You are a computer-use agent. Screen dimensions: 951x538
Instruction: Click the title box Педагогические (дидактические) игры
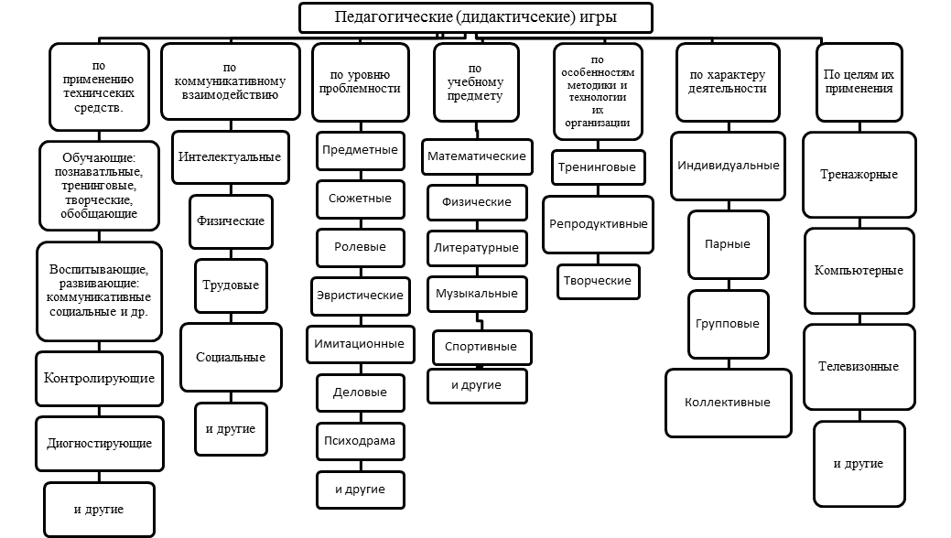476,17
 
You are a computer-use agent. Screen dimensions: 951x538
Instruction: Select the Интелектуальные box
231,157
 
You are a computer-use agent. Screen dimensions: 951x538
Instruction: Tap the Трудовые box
231,285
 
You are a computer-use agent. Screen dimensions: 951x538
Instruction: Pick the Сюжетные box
361,199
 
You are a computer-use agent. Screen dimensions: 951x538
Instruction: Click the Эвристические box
361,296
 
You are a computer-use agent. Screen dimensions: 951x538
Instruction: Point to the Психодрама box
361,442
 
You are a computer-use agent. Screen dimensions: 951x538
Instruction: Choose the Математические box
477,156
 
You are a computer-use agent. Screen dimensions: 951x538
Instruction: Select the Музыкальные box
477,295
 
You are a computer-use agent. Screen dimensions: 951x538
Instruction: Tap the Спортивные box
481,347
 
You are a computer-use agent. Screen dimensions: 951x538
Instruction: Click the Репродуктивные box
598,224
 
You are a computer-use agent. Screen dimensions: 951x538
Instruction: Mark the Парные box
729,244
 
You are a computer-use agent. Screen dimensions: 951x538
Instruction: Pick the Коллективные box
729,403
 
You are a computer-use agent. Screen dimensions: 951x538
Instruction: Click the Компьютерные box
859,271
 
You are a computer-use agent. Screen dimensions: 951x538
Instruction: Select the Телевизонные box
859,367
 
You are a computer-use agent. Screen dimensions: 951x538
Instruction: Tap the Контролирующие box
100,379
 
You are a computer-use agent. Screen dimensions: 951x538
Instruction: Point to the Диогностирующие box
100,444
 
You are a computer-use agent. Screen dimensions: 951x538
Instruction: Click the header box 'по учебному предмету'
476,82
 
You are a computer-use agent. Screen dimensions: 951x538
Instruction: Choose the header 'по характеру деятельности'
728,82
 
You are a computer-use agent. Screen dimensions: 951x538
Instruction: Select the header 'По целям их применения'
859,82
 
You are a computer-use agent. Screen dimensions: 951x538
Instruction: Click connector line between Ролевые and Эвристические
361,273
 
